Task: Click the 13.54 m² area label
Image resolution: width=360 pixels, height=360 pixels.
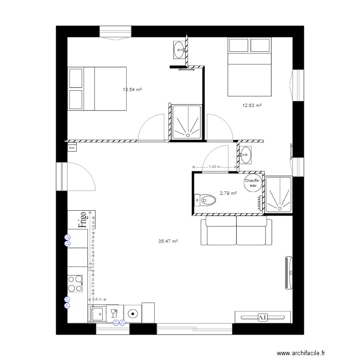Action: click(132, 90)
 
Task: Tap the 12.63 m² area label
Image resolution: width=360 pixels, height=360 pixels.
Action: click(252, 106)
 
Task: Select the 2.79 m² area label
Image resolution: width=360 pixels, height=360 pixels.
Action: click(228, 193)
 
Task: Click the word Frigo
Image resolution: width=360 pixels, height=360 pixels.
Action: click(83, 219)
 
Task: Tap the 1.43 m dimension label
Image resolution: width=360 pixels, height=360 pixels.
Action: click(214, 167)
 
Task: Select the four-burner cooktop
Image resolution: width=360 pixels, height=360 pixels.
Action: click(74, 283)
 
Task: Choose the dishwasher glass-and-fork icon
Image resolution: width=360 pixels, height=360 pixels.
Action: click(114, 313)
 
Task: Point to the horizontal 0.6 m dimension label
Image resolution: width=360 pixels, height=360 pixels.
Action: click(96, 300)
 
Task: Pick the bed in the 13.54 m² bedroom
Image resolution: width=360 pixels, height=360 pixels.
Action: click(97, 89)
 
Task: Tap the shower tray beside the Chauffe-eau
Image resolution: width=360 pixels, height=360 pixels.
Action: click(278, 194)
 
